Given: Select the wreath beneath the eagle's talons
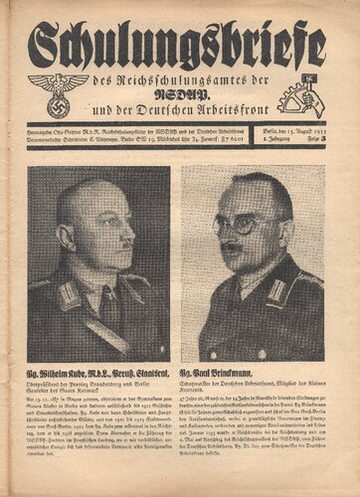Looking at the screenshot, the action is [58, 105].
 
